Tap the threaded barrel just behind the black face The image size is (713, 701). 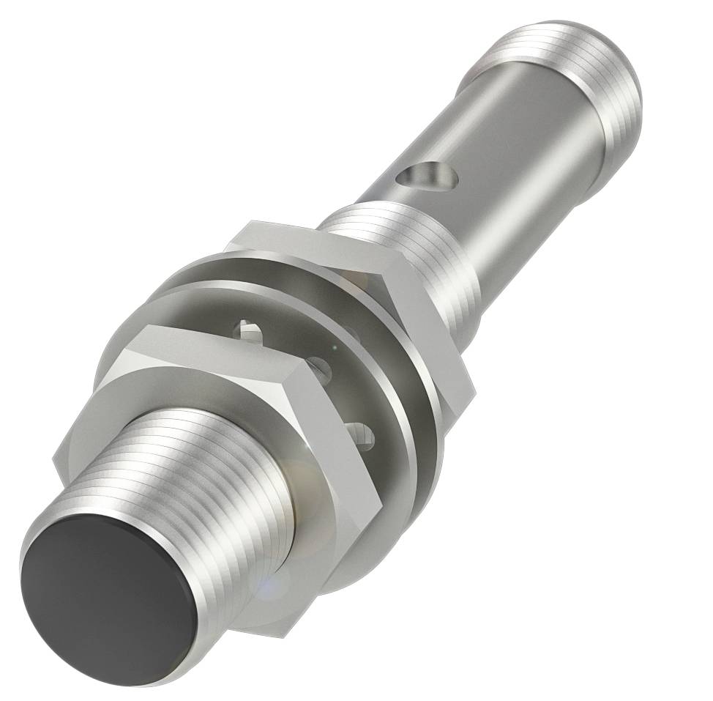point(220,469)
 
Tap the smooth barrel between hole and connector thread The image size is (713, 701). point(527,161)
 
